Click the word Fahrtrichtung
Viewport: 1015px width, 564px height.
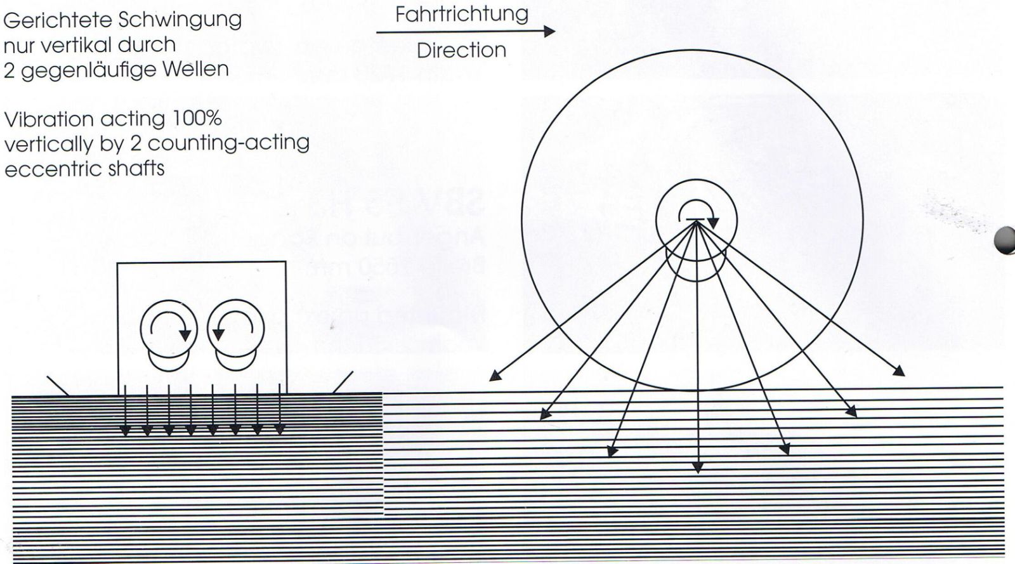(462, 15)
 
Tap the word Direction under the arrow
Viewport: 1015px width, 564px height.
(461, 50)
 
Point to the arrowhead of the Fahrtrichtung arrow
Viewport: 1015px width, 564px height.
(549, 31)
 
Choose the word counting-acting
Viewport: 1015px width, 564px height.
(228, 143)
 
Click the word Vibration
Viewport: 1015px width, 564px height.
(49, 120)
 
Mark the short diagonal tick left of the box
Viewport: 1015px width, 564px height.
(58, 386)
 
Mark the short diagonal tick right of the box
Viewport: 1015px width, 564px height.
(343, 383)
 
